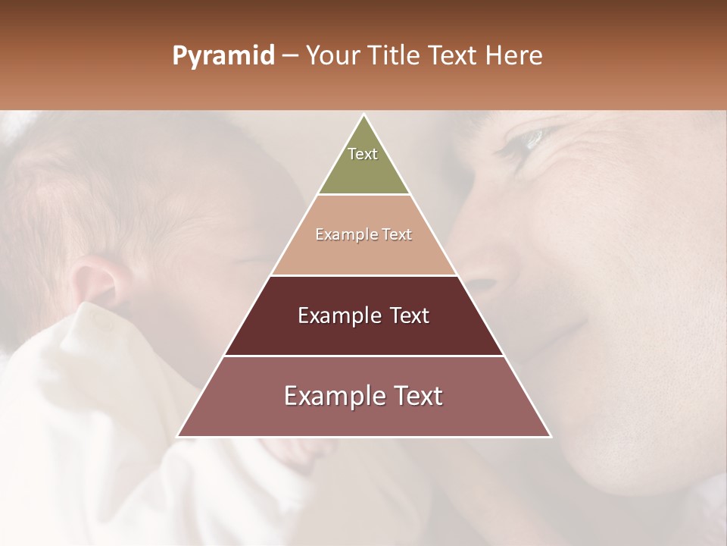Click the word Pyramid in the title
coord(223,56)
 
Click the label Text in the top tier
coord(363,154)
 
